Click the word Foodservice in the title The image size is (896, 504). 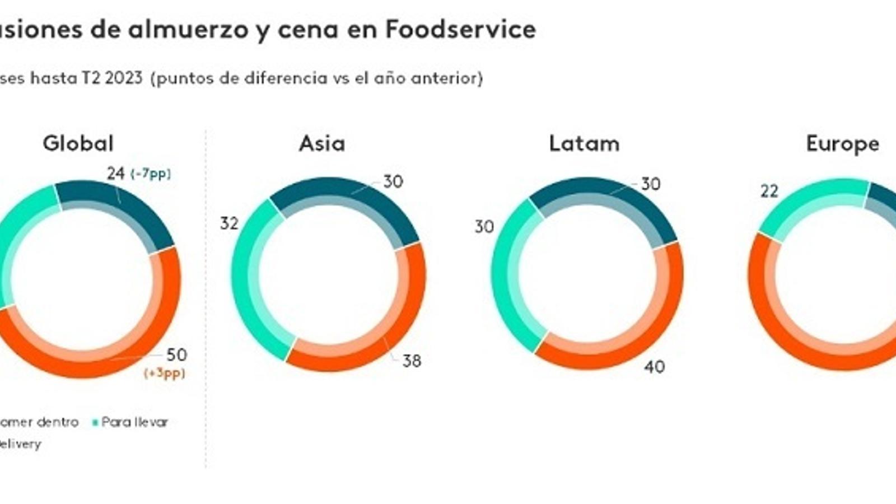point(460,29)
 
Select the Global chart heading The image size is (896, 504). point(78,143)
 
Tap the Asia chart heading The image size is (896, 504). point(322,143)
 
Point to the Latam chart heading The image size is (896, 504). point(584,143)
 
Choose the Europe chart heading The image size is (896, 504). point(842,144)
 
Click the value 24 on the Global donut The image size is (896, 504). point(115,174)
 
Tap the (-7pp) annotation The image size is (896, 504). point(151,174)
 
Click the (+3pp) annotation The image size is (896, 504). point(164,373)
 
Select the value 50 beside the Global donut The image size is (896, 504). point(176,354)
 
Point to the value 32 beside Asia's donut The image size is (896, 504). point(229,223)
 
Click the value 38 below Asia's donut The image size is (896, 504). point(412,361)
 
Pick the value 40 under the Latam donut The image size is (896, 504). point(654,367)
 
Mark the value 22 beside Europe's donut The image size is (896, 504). point(769,192)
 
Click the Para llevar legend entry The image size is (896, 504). point(134,422)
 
